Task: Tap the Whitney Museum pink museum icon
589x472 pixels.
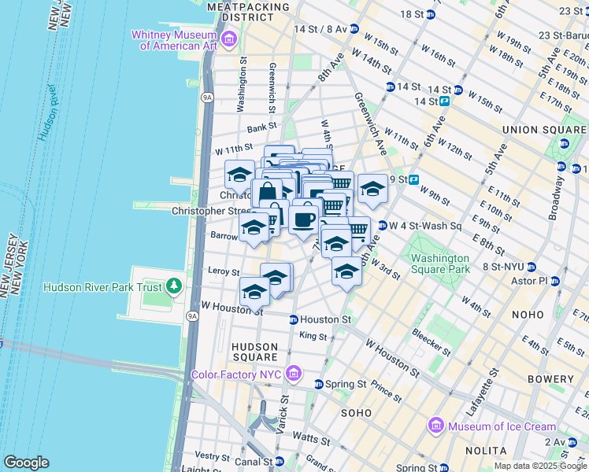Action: tap(229, 38)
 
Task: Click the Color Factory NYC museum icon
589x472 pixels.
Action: tap(294, 373)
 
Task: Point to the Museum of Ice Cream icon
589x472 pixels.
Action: tap(435, 426)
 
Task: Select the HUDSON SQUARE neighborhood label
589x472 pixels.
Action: tap(254, 352)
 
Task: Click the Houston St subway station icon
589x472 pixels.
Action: tap(293, 319)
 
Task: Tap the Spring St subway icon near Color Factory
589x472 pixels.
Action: tap(318, 384)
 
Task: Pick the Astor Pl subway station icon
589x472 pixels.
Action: tap(558, 281)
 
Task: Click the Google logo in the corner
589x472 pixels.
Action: tap(26, 462)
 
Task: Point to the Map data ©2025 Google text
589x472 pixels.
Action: tap(540, 466)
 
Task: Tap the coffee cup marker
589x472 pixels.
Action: tap(303, 219)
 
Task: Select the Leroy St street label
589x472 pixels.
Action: tap(223, 271)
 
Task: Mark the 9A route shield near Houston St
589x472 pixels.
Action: tap(192, 315)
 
